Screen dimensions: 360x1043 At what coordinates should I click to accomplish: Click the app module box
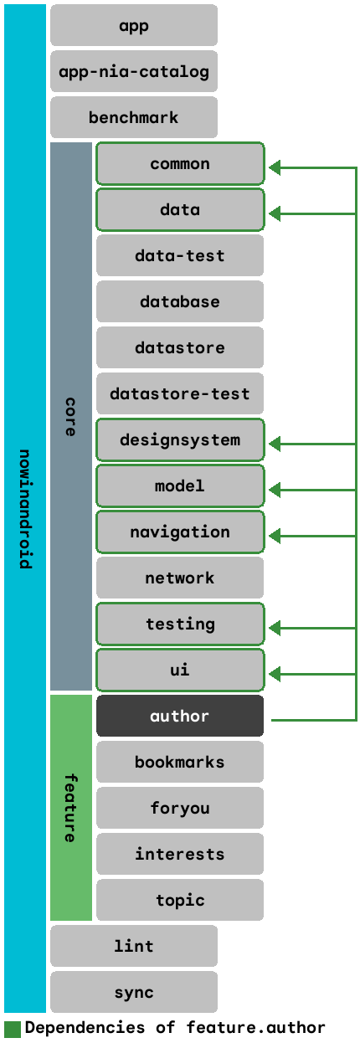point(134,25)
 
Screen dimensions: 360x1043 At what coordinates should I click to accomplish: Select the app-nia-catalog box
point(134,71)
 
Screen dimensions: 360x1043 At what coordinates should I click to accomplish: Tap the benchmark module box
point(134,117)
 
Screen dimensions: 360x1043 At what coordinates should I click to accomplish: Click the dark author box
point(180,716)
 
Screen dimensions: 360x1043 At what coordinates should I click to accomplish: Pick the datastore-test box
point(180,393)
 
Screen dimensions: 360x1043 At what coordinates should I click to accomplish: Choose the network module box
point(180,578)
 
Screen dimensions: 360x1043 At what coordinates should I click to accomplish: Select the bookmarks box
point(180,762)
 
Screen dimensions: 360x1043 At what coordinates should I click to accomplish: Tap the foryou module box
point(180,808)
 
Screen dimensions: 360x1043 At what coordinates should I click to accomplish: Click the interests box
point(180,854)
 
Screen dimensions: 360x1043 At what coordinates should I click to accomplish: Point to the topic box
point(180,900)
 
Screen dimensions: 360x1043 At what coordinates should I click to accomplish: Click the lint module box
point(134,946)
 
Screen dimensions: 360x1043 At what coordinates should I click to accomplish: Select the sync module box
point(134,992)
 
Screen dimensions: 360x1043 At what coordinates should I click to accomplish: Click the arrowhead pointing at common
point(275,167)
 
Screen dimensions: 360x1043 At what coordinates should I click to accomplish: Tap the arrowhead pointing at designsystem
point(275,444)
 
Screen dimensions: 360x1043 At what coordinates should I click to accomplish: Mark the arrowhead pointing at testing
point(275,628)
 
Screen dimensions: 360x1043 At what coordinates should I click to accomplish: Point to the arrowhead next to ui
point(275,674)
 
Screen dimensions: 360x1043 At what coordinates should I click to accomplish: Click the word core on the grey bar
point(70,417)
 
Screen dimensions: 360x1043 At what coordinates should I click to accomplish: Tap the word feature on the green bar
point(70,808)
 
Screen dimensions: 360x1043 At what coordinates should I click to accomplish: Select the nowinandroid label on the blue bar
point(25,509)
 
